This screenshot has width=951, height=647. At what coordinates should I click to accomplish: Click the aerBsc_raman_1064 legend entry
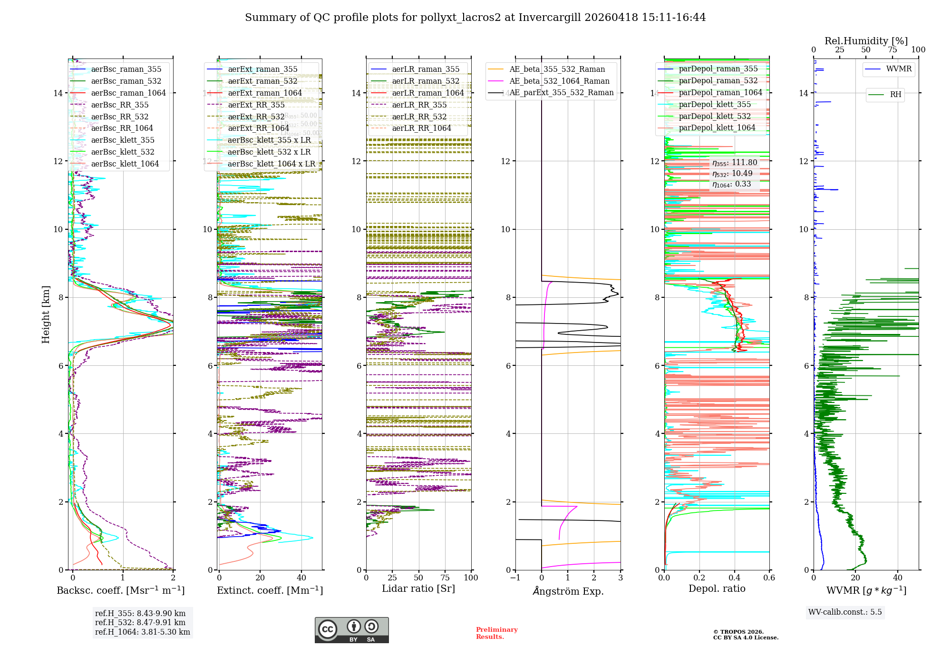click(128, 93)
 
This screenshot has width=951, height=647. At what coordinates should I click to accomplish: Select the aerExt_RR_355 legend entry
click(256, 105)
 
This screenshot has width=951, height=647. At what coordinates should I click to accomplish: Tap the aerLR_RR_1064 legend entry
click(421, 128)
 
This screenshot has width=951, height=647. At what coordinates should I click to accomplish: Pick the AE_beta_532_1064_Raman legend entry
click(559, 81)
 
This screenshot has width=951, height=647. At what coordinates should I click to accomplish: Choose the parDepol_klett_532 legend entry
click(715, 116)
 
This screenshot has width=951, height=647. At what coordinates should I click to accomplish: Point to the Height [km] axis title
click(46, 314)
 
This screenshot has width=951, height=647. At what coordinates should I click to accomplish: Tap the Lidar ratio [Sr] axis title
click(418, 588)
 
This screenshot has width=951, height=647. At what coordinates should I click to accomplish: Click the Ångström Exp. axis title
click(568, 591)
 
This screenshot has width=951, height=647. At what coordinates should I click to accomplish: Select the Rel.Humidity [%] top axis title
click(866, 41)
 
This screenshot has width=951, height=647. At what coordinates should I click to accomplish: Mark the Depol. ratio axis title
click(717, 588)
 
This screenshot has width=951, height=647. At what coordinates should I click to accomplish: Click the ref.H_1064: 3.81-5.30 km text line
click(143, 632)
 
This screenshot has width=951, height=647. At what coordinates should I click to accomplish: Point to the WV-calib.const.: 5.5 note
click(845, 612)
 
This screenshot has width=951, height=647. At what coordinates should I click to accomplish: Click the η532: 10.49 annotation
click(732, 174)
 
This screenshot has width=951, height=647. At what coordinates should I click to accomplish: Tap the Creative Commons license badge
click(351, 630)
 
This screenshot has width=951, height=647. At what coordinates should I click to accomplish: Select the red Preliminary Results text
click(496, 633)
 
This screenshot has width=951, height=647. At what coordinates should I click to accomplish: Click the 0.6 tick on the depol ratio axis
click(769, 578)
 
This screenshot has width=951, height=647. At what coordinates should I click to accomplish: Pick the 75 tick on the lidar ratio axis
click(445, 578)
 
